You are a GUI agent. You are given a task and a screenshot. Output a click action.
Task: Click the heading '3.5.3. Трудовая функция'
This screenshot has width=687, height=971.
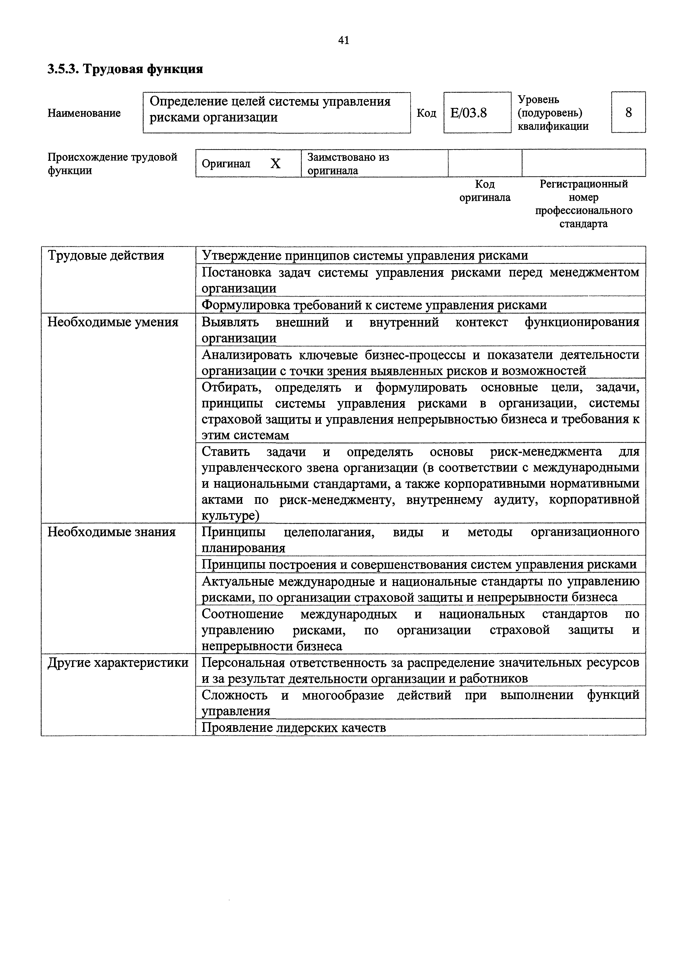click(x=125, y=69)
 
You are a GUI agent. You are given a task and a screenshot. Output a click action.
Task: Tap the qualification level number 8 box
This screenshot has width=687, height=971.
click(x=628, y=112)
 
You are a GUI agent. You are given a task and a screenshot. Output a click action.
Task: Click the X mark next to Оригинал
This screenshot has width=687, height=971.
click(x=276, y=164)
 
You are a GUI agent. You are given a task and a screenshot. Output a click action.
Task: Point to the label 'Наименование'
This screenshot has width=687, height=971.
click(x=84, y=113)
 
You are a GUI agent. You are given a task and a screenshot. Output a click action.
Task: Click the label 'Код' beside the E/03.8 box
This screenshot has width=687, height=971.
click(x=426, y=113)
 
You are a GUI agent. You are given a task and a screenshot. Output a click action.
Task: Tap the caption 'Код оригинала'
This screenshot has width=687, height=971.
click(x=485, y=191)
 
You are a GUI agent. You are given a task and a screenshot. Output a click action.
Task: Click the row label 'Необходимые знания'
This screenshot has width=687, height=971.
click(x=111, y=532)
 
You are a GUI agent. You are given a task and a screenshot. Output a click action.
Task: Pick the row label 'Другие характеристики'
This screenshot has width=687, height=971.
click(x=118, y=663)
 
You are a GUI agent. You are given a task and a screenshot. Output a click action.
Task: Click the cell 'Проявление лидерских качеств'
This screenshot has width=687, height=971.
click(x=294, y=728)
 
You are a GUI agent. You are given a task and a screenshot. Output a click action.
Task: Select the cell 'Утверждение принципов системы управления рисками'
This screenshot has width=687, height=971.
click(x=365, y=255)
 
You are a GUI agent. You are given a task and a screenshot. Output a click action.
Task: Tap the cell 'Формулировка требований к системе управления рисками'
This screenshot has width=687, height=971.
click(x=374, y=305)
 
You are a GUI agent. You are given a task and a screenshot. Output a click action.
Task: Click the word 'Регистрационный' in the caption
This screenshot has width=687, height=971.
click(x=583, y=184)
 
